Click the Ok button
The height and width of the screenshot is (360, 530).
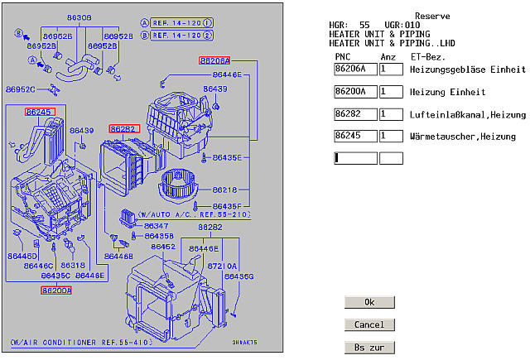(x=369, y=302)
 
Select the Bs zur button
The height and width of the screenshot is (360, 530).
(x=369, y=348)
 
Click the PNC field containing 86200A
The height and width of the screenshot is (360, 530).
(x=354, y=92)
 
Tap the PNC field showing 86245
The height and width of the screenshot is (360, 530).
(x=354, y=136)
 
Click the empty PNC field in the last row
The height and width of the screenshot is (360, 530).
(x=354, y=158)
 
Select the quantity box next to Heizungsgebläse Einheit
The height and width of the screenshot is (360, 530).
(x=391, y=70)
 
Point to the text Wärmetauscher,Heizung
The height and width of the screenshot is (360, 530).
(x=463, y=137)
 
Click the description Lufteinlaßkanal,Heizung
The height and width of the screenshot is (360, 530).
(x=468, y=114)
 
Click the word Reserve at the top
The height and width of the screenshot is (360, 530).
(x=432, y=16)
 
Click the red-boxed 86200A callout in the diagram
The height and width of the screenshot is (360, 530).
(x=57, y=290)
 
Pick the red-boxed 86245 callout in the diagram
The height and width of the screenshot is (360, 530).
(x=39, y=112)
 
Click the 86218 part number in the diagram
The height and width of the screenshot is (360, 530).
(x=224, y=190)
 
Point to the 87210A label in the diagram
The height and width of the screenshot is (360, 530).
(x=223, y=266)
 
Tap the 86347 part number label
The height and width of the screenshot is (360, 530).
(x=156, y=225)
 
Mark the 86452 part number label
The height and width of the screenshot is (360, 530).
(x=162, y=247)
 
